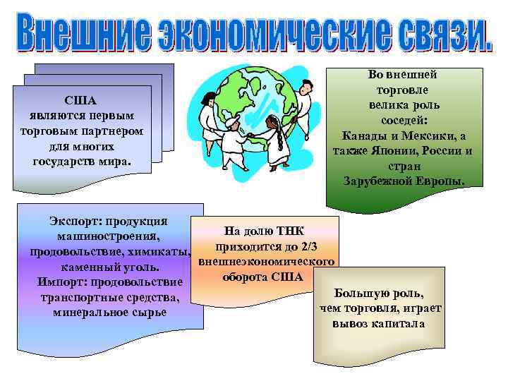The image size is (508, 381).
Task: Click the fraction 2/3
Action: point(310,246)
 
